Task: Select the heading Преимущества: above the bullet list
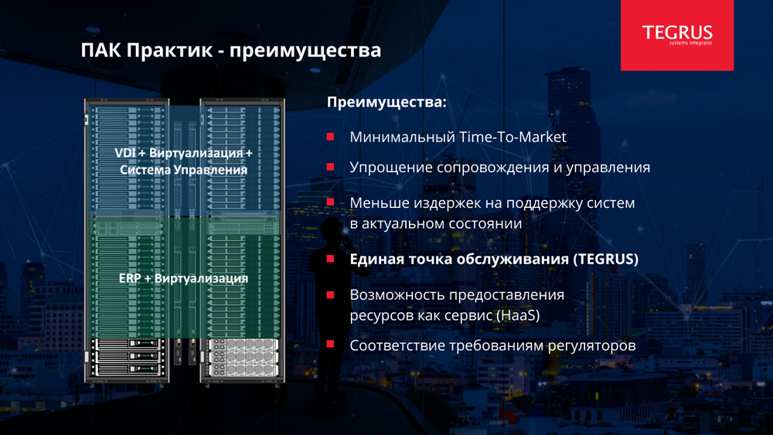(386, 103)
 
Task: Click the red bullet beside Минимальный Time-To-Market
(330, 137)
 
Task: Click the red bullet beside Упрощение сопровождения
(330, 167)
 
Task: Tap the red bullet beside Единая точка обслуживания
(330, 259)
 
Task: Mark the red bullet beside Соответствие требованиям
(330, 344)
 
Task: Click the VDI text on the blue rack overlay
(124, 153)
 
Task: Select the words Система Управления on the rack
(183, 170)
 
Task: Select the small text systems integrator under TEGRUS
(690, 43)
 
